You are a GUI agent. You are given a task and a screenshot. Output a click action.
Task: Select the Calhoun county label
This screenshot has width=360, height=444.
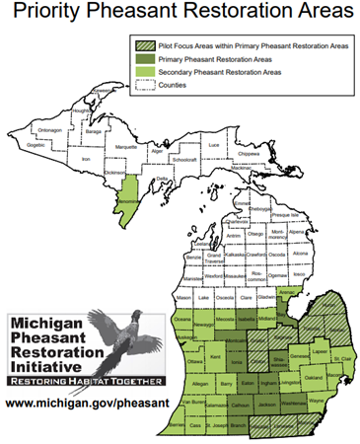click(239, 405)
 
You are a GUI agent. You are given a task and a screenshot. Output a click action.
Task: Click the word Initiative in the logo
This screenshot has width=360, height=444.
click(50, 364)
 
